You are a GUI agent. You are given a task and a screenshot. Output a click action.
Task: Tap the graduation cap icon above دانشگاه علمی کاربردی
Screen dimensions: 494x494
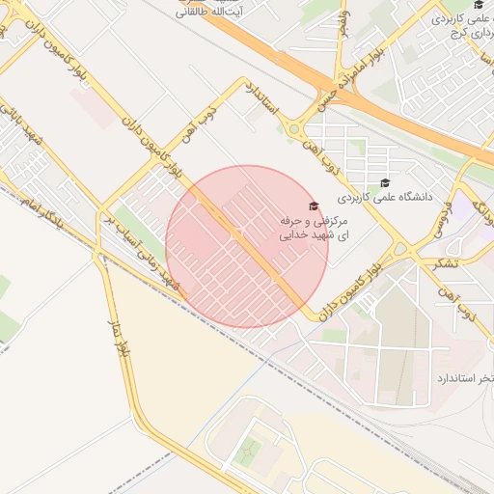[385, 182]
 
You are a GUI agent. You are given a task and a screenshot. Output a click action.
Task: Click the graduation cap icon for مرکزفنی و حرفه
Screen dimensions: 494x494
[312, 206]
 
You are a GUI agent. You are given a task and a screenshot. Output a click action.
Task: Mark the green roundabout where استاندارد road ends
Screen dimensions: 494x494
[294, 128]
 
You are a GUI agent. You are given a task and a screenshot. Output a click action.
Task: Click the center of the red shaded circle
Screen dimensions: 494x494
[247, 247]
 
